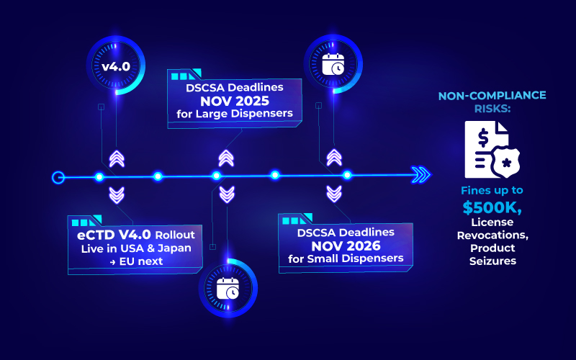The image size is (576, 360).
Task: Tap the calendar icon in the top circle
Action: pos(333,64)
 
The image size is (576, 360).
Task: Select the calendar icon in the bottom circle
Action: pos(228,288)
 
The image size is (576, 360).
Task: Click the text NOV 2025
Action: pos(234,100)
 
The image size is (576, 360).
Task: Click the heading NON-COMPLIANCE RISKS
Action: pos(492,101)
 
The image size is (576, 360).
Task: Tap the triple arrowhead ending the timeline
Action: pos(420,176)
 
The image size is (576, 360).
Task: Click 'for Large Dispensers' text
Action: pos(234,114)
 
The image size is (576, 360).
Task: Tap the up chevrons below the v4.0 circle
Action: pos(116,158)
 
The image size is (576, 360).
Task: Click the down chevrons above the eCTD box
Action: pos(116,194)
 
